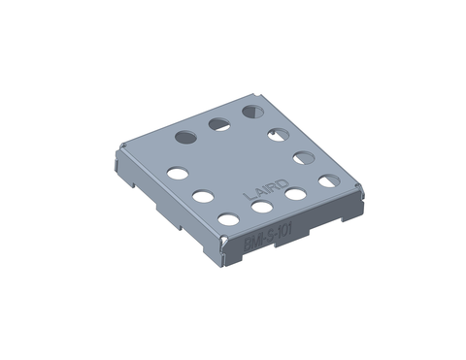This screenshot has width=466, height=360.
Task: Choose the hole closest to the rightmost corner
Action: [x=329, y=180]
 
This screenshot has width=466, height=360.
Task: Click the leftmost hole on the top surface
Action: [x=178, y=174]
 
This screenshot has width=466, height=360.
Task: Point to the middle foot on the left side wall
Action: [x=168, y=206]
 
